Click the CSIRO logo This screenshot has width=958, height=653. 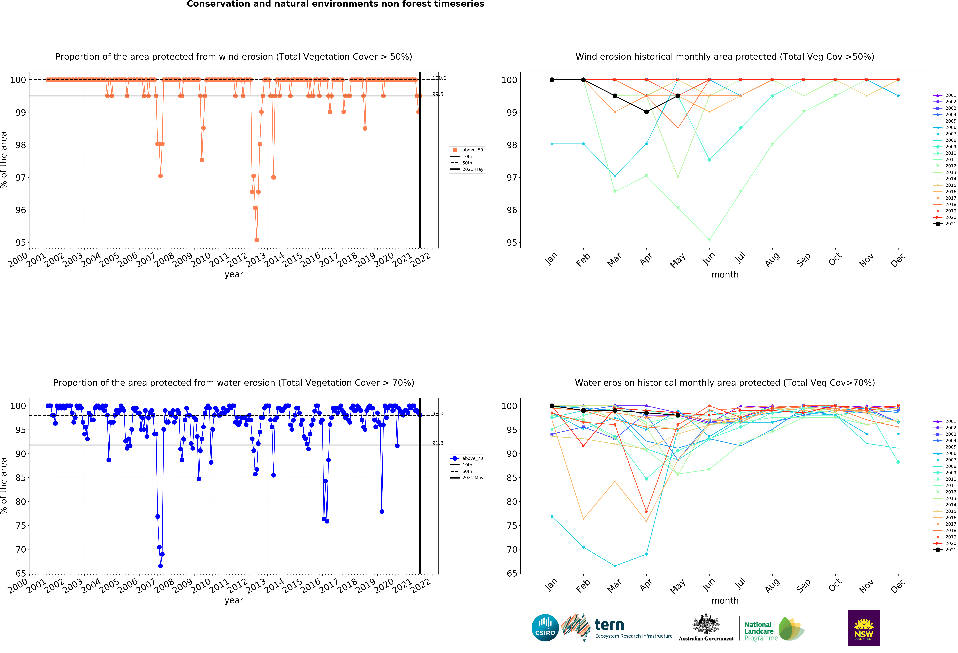coord(545,628)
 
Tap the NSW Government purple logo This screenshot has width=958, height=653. coord(864,627)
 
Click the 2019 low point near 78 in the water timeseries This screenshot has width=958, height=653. coord(382,512)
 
